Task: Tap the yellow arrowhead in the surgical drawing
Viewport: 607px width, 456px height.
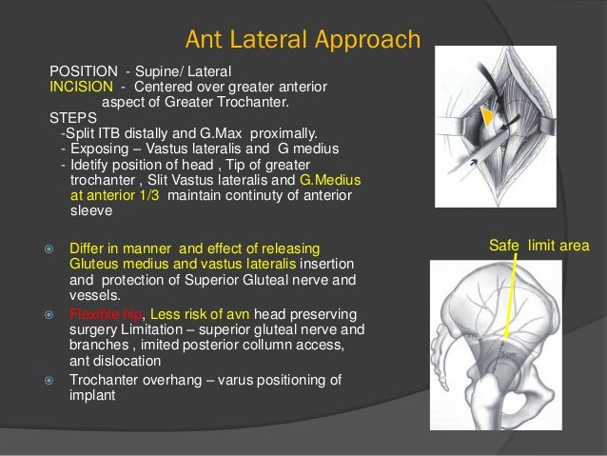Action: click(487, 116)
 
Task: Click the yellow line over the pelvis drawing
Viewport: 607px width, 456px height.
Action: click(518, 295)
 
